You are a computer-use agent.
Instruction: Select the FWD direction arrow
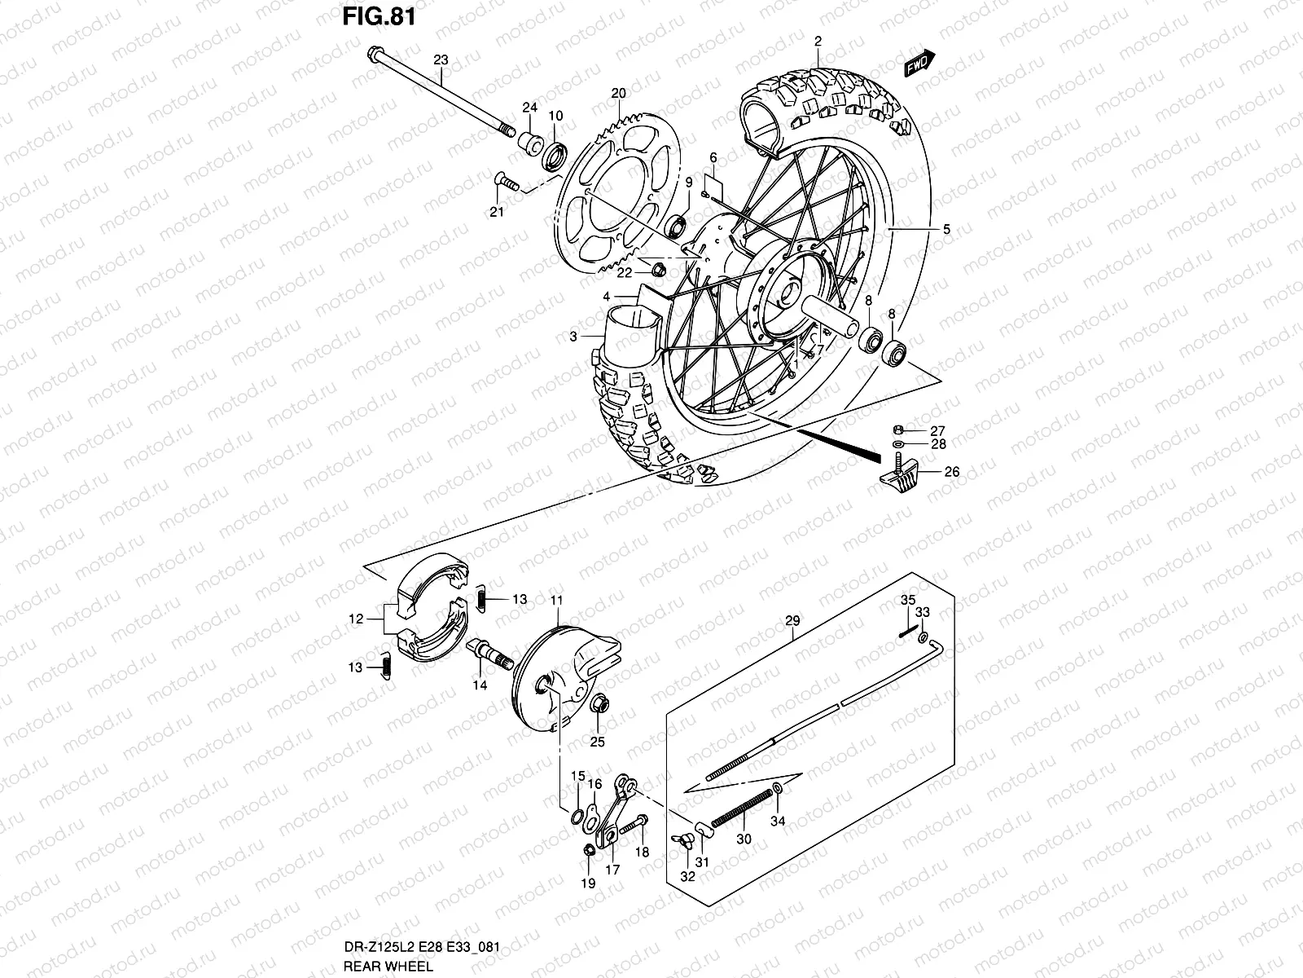pyautogui.click(x=919, y=64)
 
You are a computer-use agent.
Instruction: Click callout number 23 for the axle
pyautogui.click(x=441, y=59)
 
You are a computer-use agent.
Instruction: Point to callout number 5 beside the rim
pyautogui.click(x=946, y=230)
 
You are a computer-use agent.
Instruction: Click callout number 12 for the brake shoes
pyautogui.click(x=355, y=619)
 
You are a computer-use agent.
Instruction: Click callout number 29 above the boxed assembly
pyautogui.click(x=792, y=621)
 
